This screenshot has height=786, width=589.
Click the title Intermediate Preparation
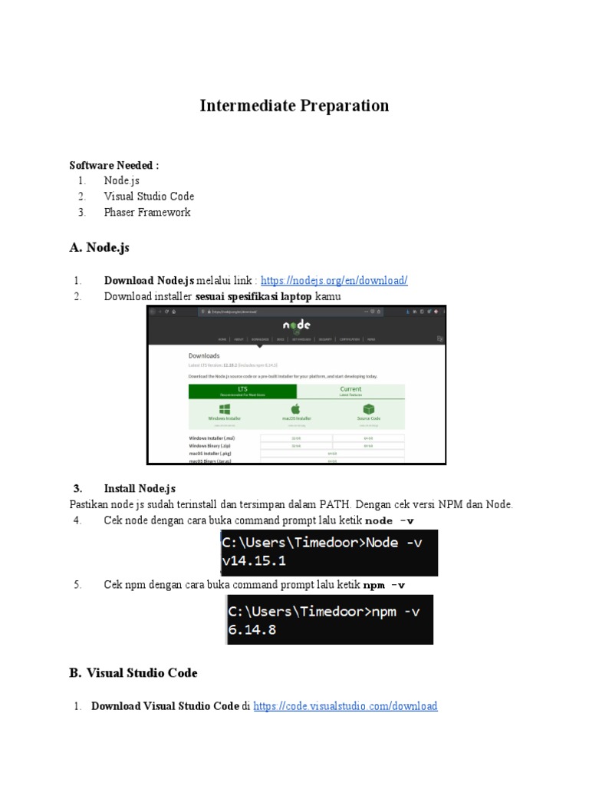[x=294, y=106]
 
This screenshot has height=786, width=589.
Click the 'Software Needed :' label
[x=114, y=165]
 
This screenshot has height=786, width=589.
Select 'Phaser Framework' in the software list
[x=147, y=212]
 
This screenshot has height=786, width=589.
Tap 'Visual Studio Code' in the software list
[x=149, y=196]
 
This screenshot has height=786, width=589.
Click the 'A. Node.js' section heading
[x=104, y=247]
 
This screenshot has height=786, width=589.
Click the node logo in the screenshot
[x=296, y=325]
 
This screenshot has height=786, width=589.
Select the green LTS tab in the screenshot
[x=242, y=391]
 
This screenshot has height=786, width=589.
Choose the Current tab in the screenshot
[x=350, y=391]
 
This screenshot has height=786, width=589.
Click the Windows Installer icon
[x=225, y=410]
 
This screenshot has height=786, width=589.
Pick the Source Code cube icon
[x=369, y=410]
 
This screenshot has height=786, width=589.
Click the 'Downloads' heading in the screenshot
[x=204, y=356]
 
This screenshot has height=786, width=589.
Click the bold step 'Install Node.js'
[x=140, y=488]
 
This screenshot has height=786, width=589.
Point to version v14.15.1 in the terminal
[x=255, y=561]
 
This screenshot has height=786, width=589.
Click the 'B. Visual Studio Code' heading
[x=133, y=673]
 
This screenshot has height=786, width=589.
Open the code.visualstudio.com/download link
[x=345, y=706]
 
